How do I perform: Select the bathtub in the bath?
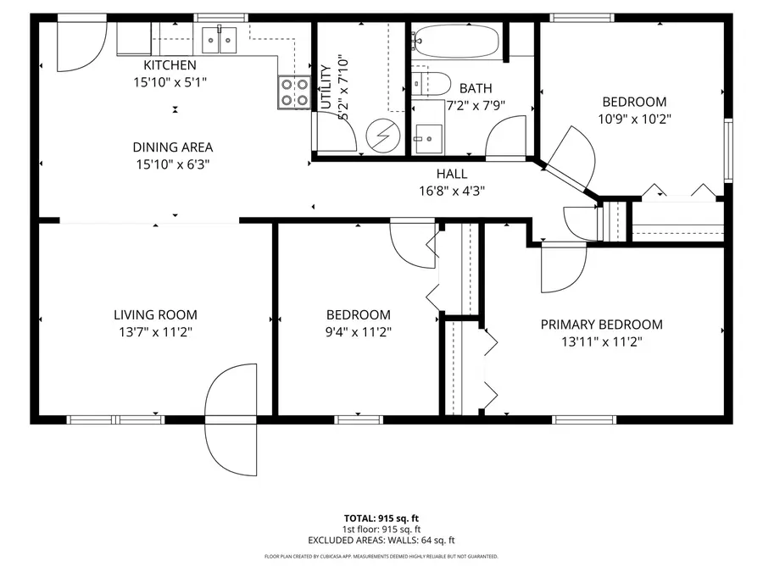point(456,40)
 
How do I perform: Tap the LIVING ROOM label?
point(155,315)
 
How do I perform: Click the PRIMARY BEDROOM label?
point(601,325)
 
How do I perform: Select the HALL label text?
point(452,174)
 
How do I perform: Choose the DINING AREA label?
point(172,147)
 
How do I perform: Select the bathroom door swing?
point(509,138)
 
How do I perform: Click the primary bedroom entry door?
point(562,268)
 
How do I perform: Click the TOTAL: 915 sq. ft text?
point(381,518)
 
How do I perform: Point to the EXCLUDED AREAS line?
point(381,540)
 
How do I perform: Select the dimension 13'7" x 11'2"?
point(155,332)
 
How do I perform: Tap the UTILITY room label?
point(326,87)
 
